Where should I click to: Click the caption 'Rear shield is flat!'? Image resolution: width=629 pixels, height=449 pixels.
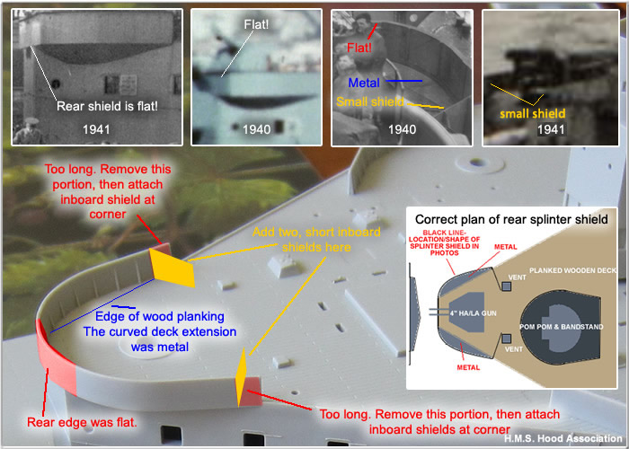(x=107, y=106)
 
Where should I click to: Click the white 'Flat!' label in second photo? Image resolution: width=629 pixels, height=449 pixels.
(x=256, y=24)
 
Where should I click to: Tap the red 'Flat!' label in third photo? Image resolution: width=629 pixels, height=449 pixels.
(x=359, y=48)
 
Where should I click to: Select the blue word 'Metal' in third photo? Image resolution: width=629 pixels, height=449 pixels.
(x=364, y=83)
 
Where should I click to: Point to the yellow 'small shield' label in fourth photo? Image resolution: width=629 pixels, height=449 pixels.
(x=533, y=113)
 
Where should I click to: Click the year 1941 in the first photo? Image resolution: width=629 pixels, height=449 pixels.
(x=96, y=129)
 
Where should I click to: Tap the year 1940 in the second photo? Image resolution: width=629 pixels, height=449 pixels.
(x=256, y=129)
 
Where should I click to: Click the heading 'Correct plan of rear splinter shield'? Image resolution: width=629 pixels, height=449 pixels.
(x=511, y=219)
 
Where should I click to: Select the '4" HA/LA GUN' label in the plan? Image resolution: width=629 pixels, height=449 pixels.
(x=473, y=313)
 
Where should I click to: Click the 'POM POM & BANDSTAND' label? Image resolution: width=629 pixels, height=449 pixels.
(x=562, y=327)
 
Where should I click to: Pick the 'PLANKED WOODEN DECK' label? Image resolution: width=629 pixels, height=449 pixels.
(x=573, y=270)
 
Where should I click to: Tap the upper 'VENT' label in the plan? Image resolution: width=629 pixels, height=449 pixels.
(x=517, y=277)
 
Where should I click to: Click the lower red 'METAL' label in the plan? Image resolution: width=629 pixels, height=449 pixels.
(x=468, y=367)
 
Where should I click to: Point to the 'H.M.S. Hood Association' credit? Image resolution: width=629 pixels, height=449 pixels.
(x=563, y=438)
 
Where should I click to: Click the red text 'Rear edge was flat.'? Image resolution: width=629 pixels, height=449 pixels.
(x=83, y=422)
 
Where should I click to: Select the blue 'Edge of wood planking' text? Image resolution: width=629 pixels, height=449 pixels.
(x=160, y=316)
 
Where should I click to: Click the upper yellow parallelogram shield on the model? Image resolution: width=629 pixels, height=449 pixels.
(x=173, y=268)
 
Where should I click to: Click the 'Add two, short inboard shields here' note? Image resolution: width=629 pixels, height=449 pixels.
(x=316, y=240)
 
